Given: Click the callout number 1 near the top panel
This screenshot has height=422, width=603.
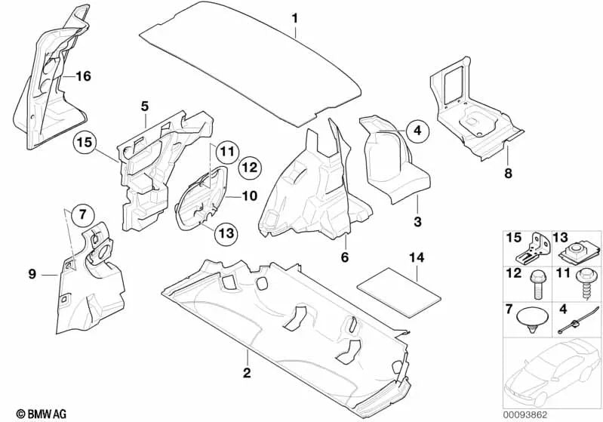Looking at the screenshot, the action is pyautogui.click(x=295, y=17).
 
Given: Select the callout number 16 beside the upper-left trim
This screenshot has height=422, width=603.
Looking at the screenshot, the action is pyautogui.click(x=83, y=76).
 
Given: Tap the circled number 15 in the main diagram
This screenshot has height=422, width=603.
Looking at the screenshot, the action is pyautogui.click(x=85, y=143).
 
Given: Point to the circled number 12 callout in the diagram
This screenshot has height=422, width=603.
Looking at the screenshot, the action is pyautogui.click(x=250, y=168).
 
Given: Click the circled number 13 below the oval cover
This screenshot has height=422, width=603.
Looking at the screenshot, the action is pyautogui.click(x=226, y=233).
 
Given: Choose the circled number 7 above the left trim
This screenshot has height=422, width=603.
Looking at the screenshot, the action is pyautogui.click(x=84, y=214).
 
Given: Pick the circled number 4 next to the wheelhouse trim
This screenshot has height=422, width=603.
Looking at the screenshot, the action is pyautogui.click(x=417, y=131).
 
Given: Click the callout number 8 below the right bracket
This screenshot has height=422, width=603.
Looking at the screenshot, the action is pyautogui.click(x=508, y=173).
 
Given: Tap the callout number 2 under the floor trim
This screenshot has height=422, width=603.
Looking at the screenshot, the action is pyautogui.click(x=247, y=372).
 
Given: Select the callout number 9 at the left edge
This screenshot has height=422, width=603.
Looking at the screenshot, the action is pyautogui.click(x=32, y=274).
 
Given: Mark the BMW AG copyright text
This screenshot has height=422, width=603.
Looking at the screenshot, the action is pyautogui.click(x=42, y=414).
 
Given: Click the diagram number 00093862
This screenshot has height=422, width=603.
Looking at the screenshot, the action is pyautogui.click(x=525, y=415).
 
